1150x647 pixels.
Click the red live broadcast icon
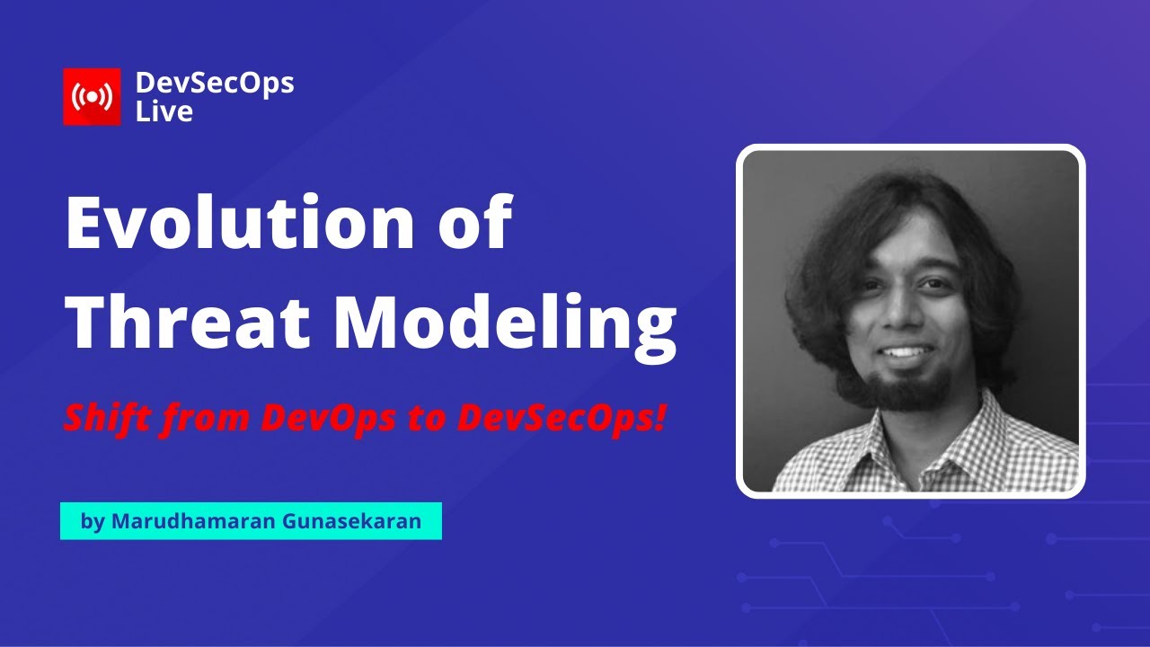point(92,97)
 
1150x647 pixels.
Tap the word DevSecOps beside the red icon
point(215,84)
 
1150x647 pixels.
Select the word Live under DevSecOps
point(164,111)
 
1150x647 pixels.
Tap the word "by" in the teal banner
point(93,521)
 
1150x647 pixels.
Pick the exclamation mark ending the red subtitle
point(659,417)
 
